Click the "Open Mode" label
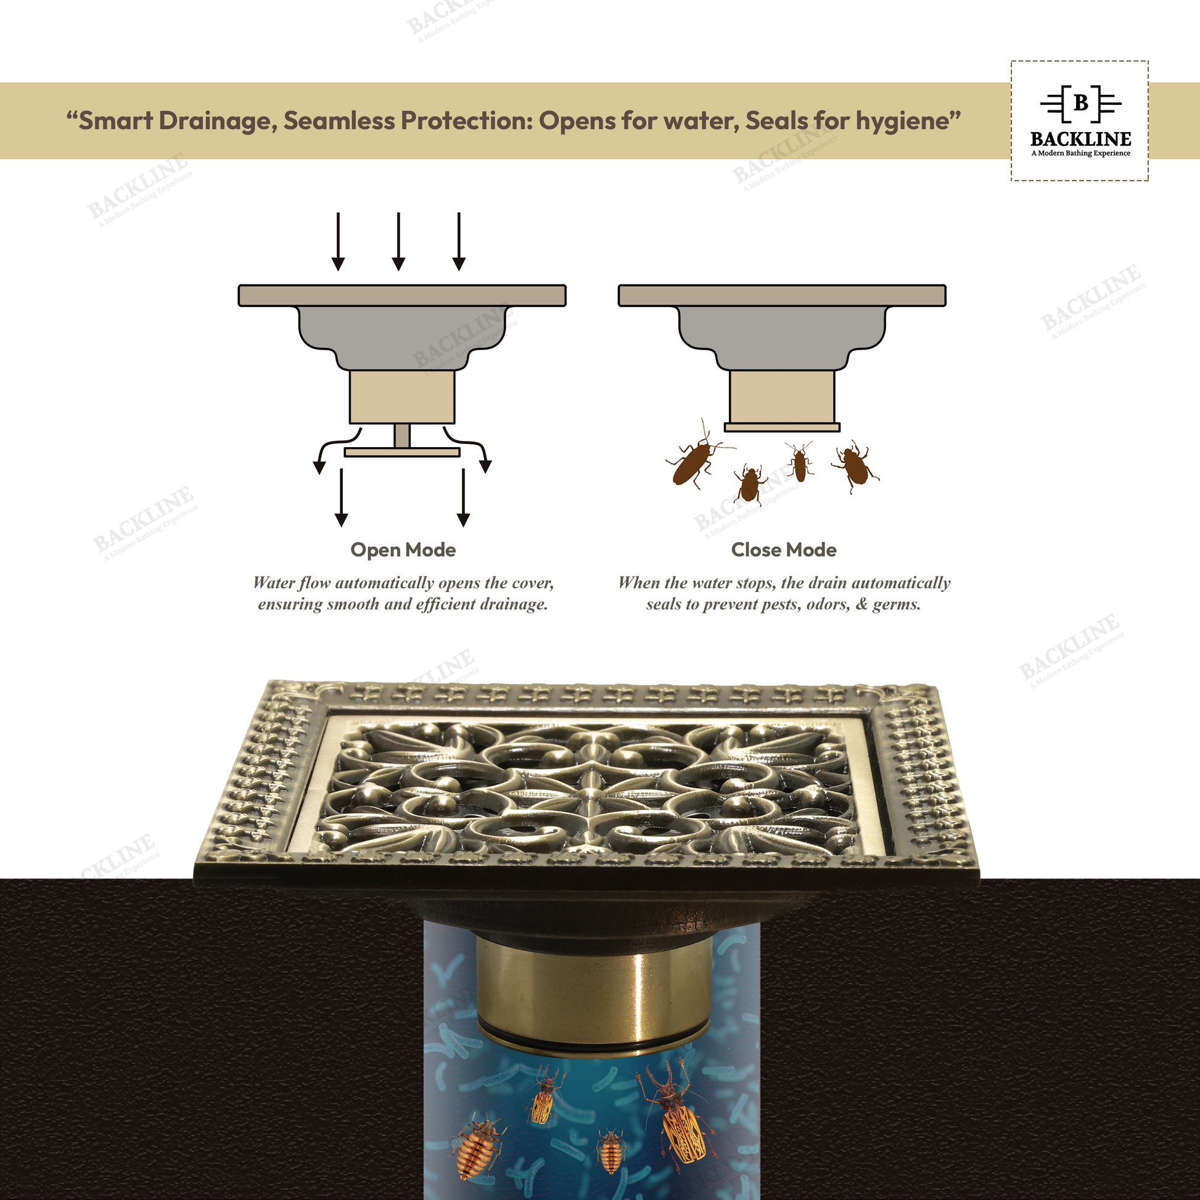click(x=403, y=549)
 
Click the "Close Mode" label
click(x=783, y=549)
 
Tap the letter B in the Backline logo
click(x=1080, y=103)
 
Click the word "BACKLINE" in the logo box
click(x=1080, y=139)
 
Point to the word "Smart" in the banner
click(x=115, y=120)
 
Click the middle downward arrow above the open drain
click(x=398, y=242)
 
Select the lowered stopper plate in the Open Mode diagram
click(x=403, y=452)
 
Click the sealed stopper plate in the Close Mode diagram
click(x=782, y=427)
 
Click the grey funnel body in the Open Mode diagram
click(x=403, y=337)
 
